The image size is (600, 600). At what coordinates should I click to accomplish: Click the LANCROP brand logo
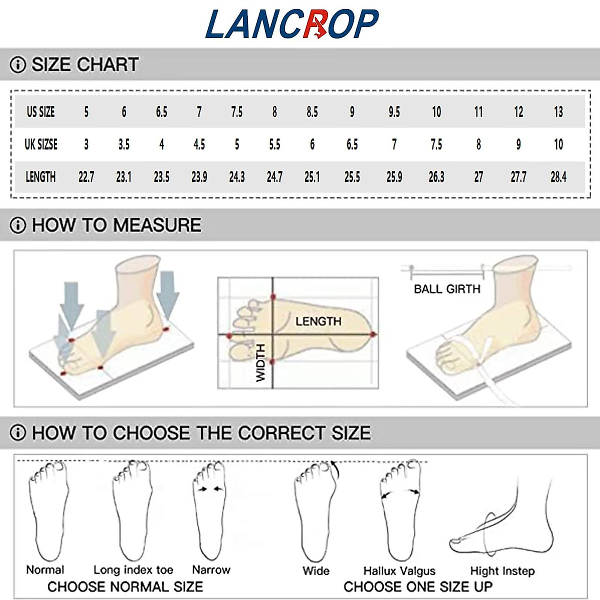point(292,23)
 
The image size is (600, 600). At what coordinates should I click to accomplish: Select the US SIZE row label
point(40,111)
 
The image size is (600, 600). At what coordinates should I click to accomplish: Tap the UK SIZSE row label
point(41,144)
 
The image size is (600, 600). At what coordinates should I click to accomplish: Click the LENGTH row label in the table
point(40,177)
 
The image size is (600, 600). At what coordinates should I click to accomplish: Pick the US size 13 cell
point(558,111)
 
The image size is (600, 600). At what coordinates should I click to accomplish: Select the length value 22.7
point(86,177)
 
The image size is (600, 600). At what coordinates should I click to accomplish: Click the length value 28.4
point(558,177)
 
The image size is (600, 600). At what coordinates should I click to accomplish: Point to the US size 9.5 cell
point(394,111)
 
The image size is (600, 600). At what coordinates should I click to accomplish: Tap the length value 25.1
point(312,177)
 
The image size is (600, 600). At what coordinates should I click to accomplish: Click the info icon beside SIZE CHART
point(17,65)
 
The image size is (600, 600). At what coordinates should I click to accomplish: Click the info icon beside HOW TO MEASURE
point(17,225)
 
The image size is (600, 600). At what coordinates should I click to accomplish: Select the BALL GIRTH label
point(446,289)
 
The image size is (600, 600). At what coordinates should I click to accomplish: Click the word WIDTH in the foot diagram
point(260,363)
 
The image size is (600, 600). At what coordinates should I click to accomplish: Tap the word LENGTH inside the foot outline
point(318,321)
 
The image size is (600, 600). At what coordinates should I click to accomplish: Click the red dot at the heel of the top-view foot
point(372,334)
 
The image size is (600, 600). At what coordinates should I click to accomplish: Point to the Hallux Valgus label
point(399,571)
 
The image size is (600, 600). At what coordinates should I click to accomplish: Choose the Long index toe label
point(133,570)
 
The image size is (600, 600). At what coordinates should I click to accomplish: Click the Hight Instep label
point(502,571)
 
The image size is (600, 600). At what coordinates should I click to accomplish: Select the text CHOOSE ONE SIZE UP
point(417,586)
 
